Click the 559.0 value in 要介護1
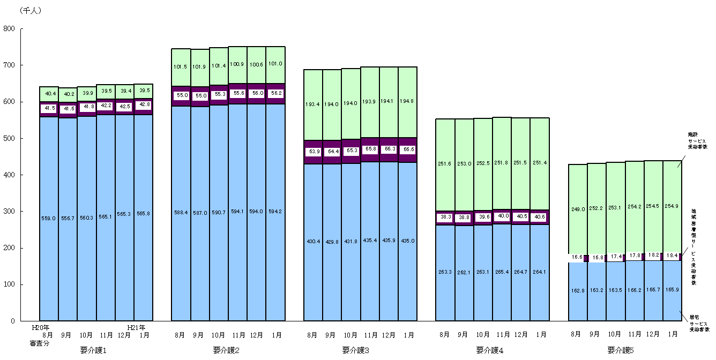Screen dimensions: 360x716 [x=49, y=218]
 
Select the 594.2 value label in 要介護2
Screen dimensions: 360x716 [x=275, y=211]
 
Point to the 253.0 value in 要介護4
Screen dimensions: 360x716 [x=464, y=163]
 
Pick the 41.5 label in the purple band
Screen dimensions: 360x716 [x=49, y=108]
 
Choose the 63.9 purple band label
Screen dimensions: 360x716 [x=313, y=152]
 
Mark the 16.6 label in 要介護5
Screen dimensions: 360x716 [x=577, y=258]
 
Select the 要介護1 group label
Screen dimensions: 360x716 [x=95, y=350]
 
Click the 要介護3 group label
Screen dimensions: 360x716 [x=359, y=350]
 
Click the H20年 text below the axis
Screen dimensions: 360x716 [x=41, y=327]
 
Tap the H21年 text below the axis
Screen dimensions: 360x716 [x=136, y=327]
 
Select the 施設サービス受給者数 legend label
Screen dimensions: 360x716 [x=698, y=139]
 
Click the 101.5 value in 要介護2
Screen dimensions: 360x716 [x=181, y=67]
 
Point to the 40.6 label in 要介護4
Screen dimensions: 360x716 [x=539, y=217]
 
